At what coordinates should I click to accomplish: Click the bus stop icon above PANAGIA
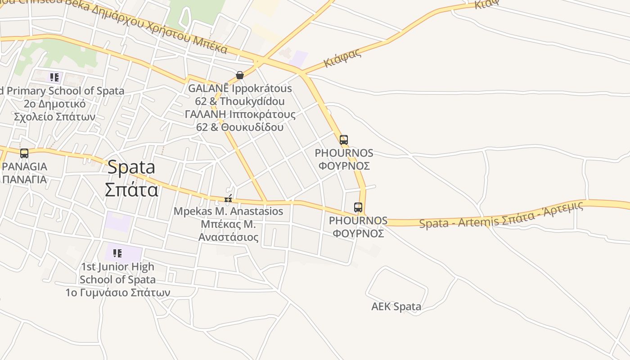pos(24,153)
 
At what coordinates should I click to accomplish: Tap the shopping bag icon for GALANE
pos(240,75)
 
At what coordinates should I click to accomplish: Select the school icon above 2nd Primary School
pos(54,77)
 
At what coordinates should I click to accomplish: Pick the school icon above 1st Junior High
pos(117,253)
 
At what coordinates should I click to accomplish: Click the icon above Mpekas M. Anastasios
pos(229,198)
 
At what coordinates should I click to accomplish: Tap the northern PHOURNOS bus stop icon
pos(344,140)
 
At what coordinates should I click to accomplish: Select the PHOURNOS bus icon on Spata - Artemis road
pos(358,207)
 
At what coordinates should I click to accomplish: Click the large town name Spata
pos(131,167)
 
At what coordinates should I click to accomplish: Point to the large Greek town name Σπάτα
pos(131,189)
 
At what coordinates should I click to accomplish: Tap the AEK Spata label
pos(396,307)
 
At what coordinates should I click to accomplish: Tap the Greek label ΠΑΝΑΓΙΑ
pos(24,179)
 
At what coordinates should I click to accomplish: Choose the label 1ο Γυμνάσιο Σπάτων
pos(117,292)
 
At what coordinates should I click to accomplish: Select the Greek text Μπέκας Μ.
pos(228,224)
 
